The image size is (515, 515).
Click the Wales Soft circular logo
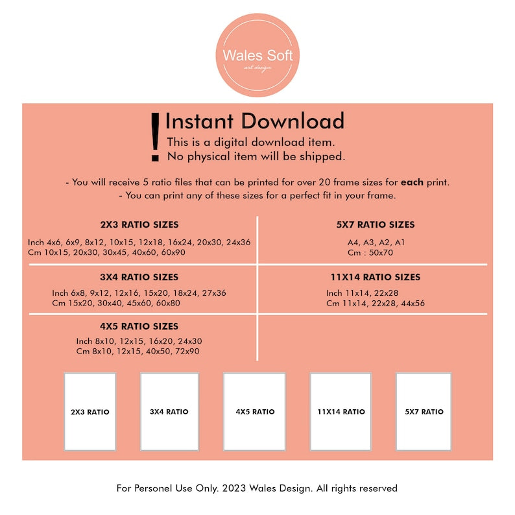click(x=257, y=55)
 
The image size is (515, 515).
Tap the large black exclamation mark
click(x=155, y=138)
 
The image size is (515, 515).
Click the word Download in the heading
click(x=293, y=121)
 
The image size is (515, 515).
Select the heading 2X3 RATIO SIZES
click(x=139, y=224)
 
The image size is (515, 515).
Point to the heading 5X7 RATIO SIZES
click(x=376, y=224)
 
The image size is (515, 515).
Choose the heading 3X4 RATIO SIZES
click(x=139, y=277)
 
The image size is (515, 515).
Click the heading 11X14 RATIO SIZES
click(x=376, y=277)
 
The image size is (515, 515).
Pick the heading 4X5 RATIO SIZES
click(x=139, y=326)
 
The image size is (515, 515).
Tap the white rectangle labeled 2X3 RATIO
click(x=90, y=411)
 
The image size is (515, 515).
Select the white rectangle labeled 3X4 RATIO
click(x=169, y=411)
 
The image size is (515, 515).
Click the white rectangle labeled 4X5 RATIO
click(x=254, y=411)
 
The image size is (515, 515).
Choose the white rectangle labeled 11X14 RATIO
click(x=341, y=411)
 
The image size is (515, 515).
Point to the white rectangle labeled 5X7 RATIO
click(x=424, y=411)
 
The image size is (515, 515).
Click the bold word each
click(x=412, y=182)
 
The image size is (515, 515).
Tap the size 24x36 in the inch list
click(x=239, y=243)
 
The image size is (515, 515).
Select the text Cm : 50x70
click(x=370, y=252)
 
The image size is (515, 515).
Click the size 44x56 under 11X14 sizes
click(x=413, y=303)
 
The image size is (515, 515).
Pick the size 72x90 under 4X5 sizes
click(x=187, y=351)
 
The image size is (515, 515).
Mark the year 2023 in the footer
click(x=234, y=488)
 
